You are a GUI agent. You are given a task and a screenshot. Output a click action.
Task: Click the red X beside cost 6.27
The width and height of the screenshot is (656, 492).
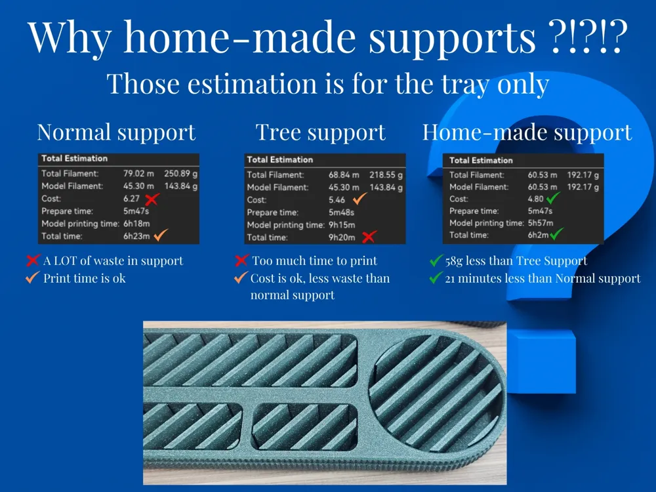152,199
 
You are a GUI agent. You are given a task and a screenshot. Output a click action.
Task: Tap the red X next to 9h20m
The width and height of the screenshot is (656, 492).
369,237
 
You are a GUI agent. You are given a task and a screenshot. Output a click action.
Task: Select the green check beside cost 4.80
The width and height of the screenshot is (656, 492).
554,197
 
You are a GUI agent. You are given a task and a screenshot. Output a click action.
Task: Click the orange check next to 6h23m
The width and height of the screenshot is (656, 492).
161,235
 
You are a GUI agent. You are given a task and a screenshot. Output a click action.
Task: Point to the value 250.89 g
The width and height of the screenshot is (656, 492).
181,174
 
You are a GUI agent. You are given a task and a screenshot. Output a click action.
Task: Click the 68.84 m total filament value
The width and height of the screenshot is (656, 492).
344,175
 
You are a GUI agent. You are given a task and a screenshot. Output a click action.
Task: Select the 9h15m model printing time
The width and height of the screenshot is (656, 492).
342,225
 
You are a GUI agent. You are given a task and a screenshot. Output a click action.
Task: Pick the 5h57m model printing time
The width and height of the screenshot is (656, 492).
540,223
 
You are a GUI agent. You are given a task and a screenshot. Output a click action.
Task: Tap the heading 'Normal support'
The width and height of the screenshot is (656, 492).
116,133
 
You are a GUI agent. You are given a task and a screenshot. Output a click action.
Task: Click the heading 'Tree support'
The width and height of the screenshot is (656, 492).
321,133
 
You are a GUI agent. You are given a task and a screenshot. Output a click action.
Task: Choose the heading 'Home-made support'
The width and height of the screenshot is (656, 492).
527,133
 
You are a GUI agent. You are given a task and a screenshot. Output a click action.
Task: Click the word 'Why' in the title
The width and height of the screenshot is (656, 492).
70,37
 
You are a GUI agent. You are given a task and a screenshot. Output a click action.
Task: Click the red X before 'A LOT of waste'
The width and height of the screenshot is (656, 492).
33,260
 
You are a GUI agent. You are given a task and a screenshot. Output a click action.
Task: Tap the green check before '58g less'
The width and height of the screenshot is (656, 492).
436,260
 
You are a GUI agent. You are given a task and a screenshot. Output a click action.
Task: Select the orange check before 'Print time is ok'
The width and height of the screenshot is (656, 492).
32,277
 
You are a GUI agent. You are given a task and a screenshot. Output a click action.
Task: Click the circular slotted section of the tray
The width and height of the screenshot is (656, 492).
437,393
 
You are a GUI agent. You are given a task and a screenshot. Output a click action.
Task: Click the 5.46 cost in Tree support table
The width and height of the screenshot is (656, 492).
337,200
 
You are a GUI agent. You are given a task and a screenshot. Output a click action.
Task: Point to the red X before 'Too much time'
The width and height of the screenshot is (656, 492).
241,260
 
